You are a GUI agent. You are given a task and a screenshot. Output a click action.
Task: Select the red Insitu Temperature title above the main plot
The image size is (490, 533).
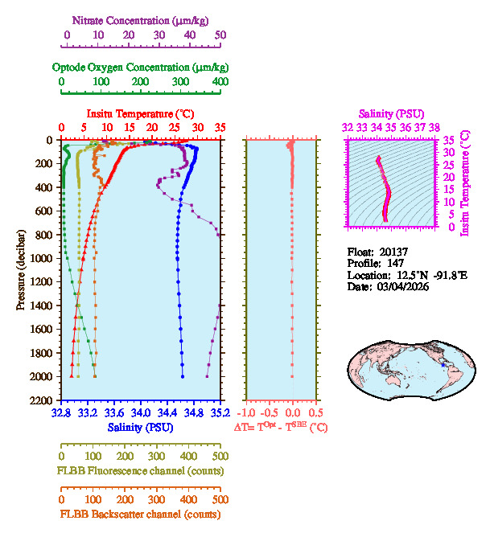pos(141,113)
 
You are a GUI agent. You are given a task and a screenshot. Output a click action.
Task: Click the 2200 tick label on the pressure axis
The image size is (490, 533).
pos(42,400)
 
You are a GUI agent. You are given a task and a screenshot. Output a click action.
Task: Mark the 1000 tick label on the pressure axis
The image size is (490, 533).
pos(42,258)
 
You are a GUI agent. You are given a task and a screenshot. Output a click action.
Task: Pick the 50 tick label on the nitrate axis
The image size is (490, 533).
pos(220,35)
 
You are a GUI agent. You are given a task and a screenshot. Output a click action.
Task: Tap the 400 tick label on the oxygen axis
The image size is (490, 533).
pos(219,82)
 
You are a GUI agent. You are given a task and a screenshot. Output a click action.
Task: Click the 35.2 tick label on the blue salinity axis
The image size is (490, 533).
pos(220,413)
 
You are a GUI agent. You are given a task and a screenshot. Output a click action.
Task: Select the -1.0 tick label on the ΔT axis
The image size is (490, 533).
pos(246,413)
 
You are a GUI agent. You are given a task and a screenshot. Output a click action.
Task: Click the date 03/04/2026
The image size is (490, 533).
pos(401,286)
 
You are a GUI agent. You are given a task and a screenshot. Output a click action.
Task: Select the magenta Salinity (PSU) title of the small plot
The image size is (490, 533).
pos(391,114)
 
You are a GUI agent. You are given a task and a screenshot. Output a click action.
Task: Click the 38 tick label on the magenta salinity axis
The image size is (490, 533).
pos(434,127)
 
